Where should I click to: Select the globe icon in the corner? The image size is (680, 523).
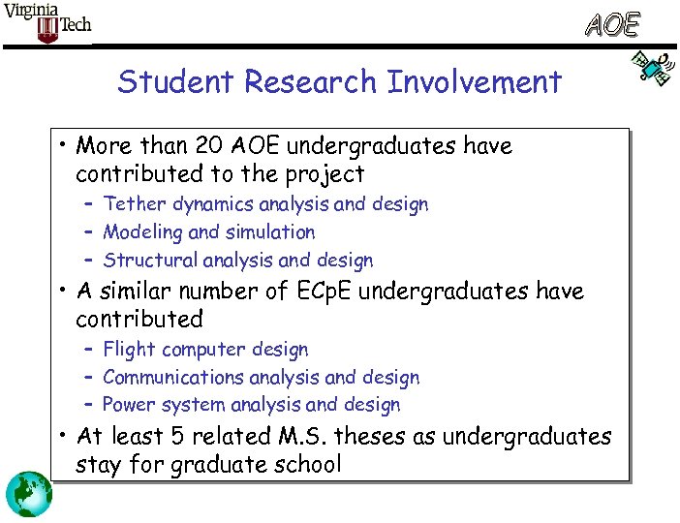tap(29, 494)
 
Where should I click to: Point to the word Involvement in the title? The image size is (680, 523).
tap(474, 82)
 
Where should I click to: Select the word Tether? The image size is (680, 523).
tap(135, 204)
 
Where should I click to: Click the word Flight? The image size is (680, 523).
tap(129, 350)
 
